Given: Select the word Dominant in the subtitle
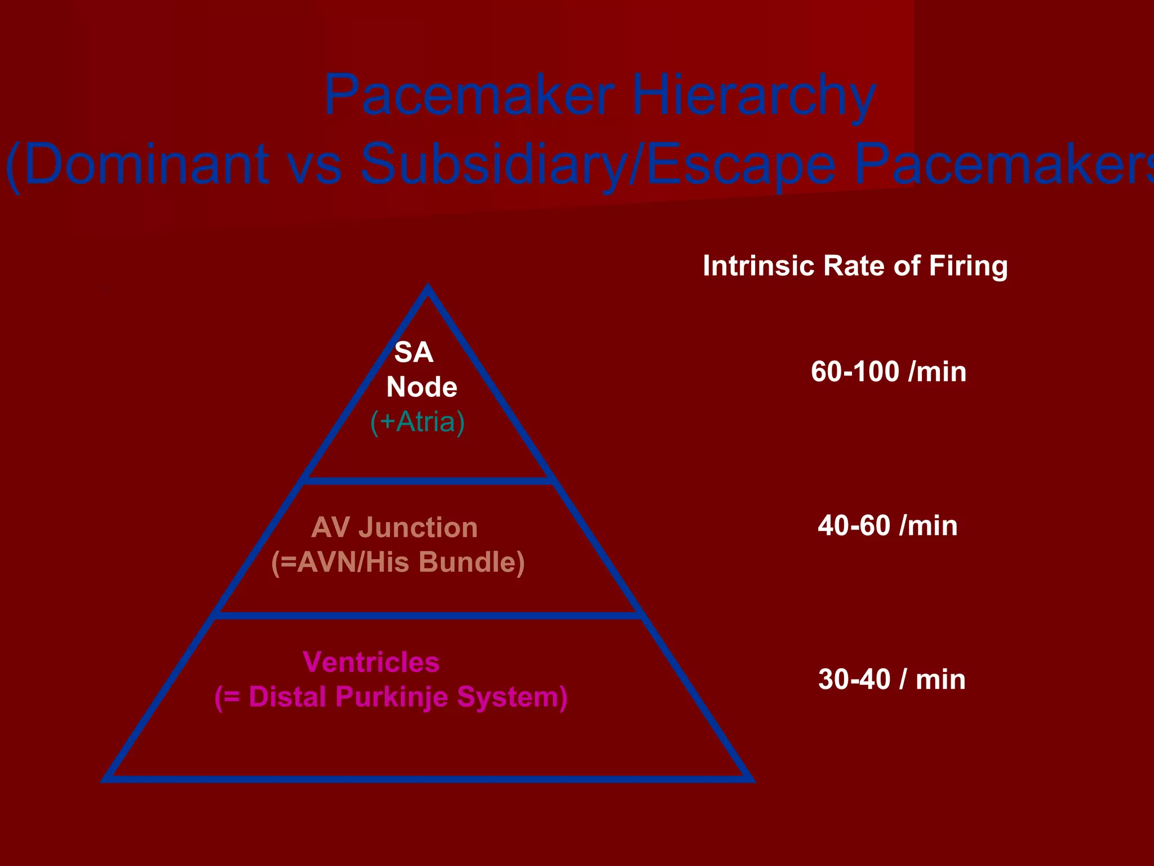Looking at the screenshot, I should (147, 164).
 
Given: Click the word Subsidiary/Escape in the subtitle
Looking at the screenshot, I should (597, 164).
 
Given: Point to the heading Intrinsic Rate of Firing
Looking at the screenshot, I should (855, 266).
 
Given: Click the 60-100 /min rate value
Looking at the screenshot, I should (889, 372).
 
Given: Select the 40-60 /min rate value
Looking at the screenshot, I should (887, 525).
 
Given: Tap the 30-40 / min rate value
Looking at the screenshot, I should (891, 679).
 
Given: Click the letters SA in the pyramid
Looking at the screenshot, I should (414, 352).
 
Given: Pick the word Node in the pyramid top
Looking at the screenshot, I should (421, 387).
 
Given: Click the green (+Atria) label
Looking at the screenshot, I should (418, 422).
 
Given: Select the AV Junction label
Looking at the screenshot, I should (394, 528).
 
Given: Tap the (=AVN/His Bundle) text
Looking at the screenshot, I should (398, 563).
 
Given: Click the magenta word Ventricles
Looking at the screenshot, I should (371, 662).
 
